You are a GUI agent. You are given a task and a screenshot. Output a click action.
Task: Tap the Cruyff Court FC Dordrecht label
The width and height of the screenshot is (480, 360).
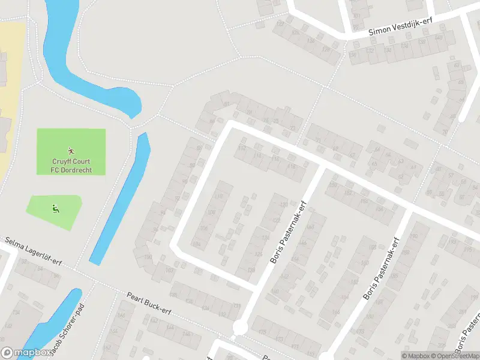tap(71, 166)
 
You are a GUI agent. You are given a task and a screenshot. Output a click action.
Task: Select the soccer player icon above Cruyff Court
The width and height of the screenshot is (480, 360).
tap(71, 151)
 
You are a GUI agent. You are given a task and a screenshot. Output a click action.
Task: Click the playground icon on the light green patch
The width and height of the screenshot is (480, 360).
tap(55, 209)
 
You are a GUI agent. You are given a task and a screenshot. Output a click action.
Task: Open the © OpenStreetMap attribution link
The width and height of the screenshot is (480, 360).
tap(456, 356)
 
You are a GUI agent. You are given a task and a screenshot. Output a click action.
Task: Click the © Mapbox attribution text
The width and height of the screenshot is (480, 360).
tap(417, 356)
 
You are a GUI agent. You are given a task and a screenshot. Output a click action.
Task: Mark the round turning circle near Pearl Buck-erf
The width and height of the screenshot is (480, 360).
tap(241, 328)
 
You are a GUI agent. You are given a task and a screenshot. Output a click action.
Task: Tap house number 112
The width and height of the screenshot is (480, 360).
tap(242, 148)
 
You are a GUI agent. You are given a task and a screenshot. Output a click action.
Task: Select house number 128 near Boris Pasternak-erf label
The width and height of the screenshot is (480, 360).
tap(251, 269)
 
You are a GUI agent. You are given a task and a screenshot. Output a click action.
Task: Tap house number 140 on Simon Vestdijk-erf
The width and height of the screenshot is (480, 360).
tap(439, 38)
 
